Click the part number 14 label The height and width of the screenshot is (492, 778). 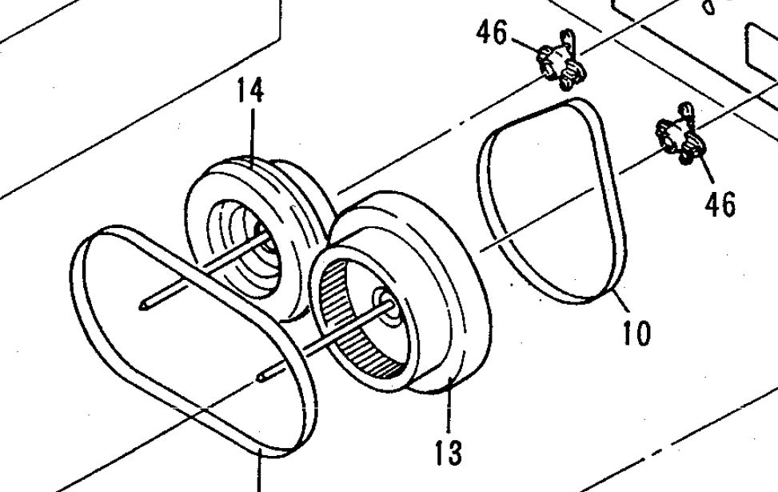point(249,90)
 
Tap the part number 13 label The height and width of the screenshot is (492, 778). point(449,452)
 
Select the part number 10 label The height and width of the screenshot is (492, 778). point(636,332)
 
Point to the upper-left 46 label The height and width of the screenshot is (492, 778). point(491,33)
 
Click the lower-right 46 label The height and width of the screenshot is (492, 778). point(720,204)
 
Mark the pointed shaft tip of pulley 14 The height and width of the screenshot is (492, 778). point(144,303)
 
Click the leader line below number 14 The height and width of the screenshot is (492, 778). point(252,132)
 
